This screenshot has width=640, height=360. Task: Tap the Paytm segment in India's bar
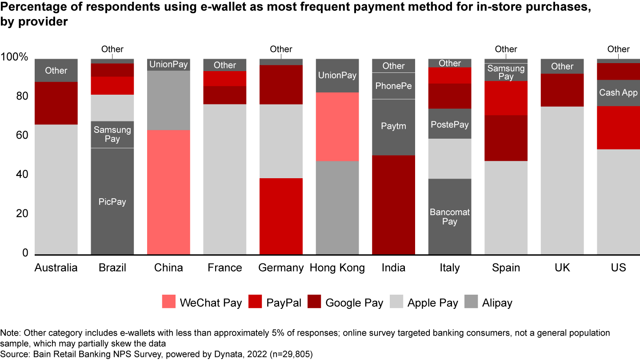[x=393, y=127]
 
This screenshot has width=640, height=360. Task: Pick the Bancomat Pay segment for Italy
[x=449, y=216]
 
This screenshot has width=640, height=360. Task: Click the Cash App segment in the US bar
[x=618, y=93]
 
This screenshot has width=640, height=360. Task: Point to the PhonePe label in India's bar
[x=393, y=85]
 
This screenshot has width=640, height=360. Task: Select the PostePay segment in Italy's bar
[x=449, y=124]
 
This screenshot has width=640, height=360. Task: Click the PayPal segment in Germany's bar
[x=281, y=216]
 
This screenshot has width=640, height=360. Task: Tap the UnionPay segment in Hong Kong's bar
[x=337, y=76]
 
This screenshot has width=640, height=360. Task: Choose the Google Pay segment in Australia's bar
[x=56, y=103]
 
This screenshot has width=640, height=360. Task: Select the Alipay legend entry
[x=497, y=303]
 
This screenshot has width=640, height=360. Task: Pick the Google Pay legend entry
[x=354, y=303]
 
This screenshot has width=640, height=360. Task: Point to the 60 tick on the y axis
[x=22, y=136]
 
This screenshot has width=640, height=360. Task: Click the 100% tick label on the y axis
[x=15, y=58]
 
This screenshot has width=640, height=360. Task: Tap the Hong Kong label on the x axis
[x=337, y=268]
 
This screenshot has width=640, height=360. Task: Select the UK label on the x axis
[x=562, y=268]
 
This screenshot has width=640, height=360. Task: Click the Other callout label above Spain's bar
[x=506, y=49]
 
